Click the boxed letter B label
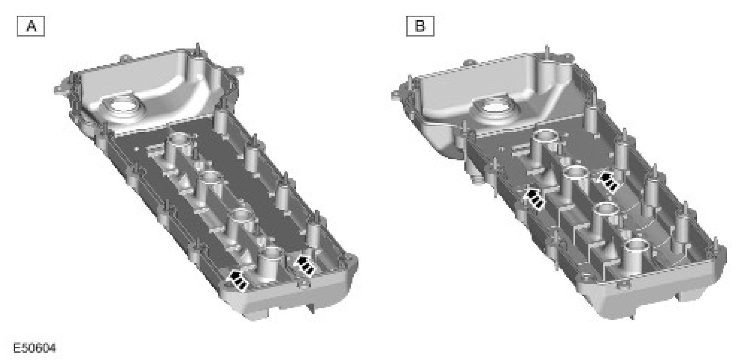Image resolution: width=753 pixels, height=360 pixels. (x=420, y=26)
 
